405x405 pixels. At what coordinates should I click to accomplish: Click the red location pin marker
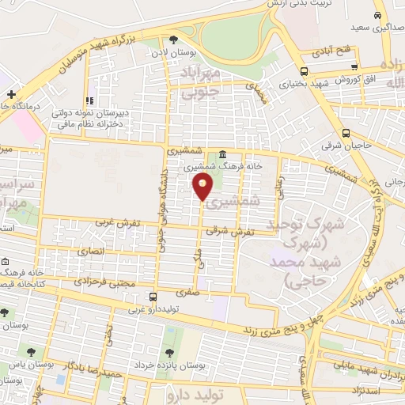[x=203, y=187]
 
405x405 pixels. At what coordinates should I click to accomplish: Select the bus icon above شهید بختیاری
[x=284, y=69]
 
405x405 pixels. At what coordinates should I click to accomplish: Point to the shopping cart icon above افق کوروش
[x=354, y=69]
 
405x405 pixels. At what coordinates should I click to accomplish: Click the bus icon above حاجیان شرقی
[x=346, y=133]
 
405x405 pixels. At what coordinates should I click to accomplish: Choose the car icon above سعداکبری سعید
[x=379, y=16]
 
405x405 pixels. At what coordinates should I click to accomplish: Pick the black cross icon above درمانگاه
[x=12, y=95]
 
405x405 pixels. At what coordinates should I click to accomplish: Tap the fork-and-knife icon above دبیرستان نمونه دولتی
[x=89, y=100]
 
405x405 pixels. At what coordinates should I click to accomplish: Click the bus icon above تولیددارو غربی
[x=153, y=297]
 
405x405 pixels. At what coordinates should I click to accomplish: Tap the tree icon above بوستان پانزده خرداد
[x=167, y=353]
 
